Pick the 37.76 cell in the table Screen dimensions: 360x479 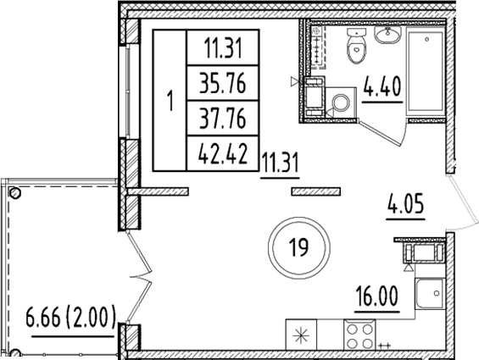(x=221, y=119)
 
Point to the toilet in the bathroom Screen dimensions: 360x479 (x=355, y=47)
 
